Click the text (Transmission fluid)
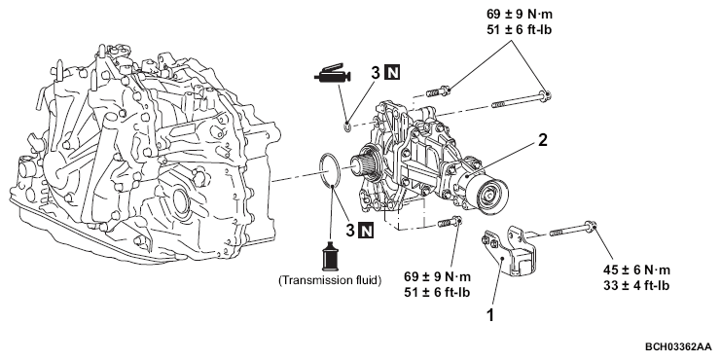point(330,281)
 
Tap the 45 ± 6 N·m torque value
point(636,270)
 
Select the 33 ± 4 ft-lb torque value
point(636,285)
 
